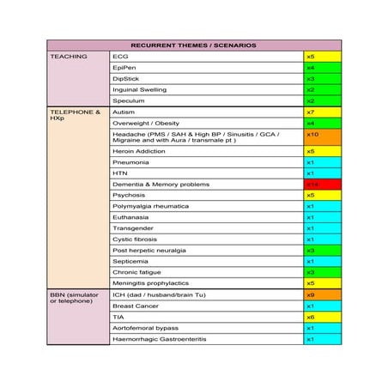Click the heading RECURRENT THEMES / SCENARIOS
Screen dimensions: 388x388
pyautogui.click(x=193, y=45)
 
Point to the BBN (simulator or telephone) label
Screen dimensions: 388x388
pyautogui.click(x=76, y=297)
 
